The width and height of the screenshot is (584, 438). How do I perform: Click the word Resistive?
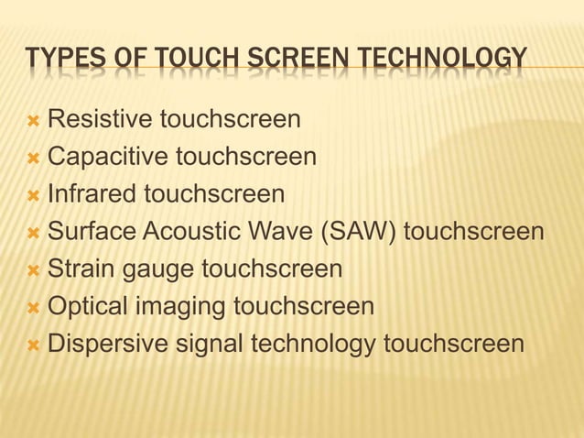[100, 119]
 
